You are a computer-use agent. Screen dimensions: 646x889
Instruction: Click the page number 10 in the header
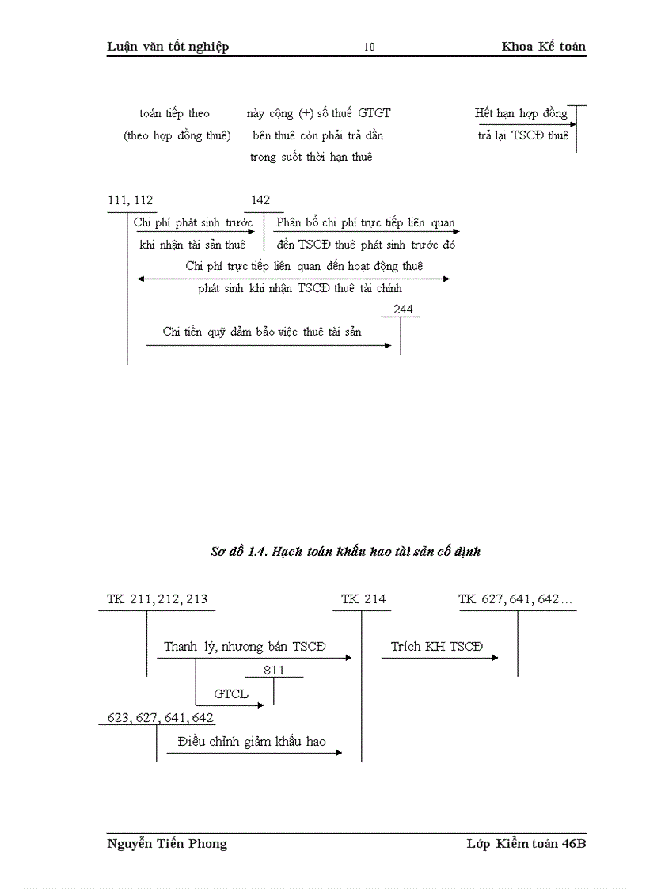[x=370, y=47]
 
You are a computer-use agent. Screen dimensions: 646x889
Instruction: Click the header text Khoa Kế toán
[x=543, y=47]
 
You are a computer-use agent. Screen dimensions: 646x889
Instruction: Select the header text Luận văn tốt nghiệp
[x=168, y=47]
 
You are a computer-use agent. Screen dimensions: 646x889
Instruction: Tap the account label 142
[x=260, y=200]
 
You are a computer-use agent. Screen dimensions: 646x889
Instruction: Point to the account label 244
[x=403, y=310]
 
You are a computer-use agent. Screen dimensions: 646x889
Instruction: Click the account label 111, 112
[x=131, y=200]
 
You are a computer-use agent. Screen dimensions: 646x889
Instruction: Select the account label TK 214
[x=363, y=599]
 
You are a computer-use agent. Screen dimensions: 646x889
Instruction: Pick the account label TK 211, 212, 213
[x=158, y=599]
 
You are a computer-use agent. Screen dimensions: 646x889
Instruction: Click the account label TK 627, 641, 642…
[x=516, y=599]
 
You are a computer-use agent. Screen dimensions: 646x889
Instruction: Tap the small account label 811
[x=274, y=671]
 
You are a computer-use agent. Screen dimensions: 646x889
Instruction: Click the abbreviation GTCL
[x=231, y=694]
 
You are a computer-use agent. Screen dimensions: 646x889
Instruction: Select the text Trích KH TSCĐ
[x=436, y=647]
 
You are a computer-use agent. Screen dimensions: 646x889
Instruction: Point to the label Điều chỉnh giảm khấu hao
[x=252, y=742]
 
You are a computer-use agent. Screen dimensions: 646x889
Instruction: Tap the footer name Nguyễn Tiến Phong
[x=167, y=844]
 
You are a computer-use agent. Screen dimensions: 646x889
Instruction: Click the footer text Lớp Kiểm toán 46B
[x=526, y=844]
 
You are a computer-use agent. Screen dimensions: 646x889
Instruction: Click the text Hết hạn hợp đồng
[x=521, y=113]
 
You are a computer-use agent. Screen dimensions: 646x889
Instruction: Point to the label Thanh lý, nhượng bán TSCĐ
[x=245, y=647]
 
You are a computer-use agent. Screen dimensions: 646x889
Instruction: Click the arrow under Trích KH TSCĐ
[x=439, y=658]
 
